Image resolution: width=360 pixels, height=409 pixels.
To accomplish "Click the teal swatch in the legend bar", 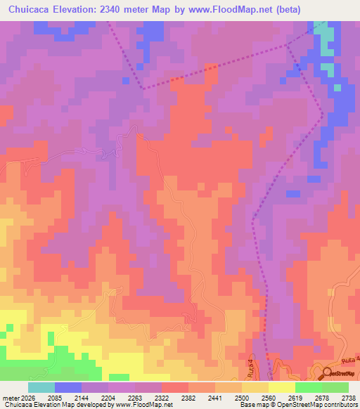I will pos(41,387).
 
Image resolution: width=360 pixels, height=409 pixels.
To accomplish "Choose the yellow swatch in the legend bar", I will pos(281,387).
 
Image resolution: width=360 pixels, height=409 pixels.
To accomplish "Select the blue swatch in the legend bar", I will pos(67,387).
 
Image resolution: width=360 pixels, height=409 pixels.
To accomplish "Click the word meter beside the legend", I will pos(8,397).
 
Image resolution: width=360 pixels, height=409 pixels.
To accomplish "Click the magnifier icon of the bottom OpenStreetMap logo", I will pos(328,372).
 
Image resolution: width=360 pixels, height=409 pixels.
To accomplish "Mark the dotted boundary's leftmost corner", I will pos(144,89).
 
